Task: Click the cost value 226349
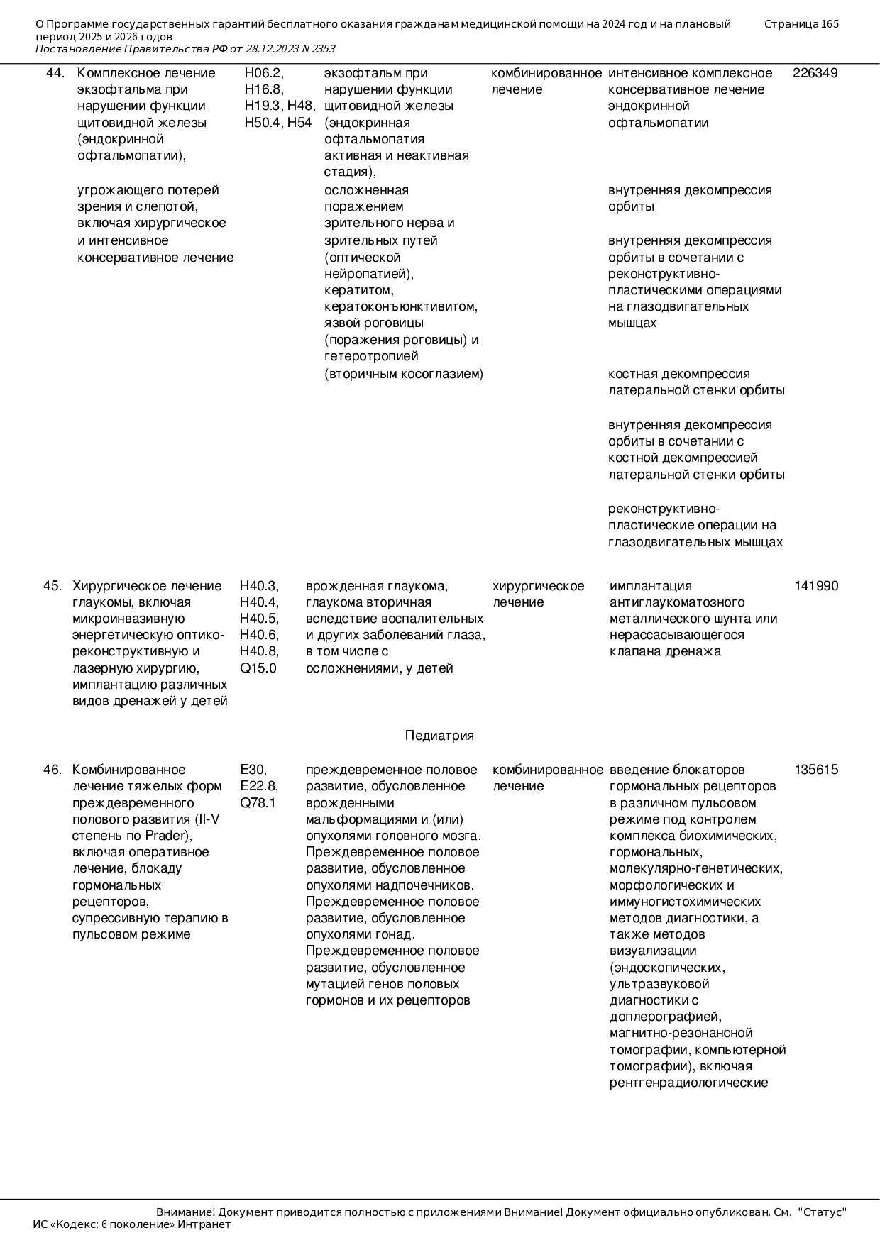[x=815, y=73]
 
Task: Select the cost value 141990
[x=816, y=586]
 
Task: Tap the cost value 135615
[x=816, y=770]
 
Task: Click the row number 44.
[x=55, y=73]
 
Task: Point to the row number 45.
[x=53, y=586]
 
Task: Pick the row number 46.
[x=53, y=770]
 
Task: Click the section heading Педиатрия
[x=439, y=736]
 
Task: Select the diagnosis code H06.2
[x=263, y=73]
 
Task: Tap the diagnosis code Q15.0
[x=258, y=668]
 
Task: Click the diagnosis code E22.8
[x=258, y=786]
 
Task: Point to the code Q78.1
[x=258, y=803]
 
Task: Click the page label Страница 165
[x=801, y=24]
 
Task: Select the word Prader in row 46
[x=167, y=836]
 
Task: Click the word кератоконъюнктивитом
[x=401, y=307]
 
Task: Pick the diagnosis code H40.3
[x=258, y=586]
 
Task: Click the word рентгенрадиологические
[x=688, y=1083]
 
